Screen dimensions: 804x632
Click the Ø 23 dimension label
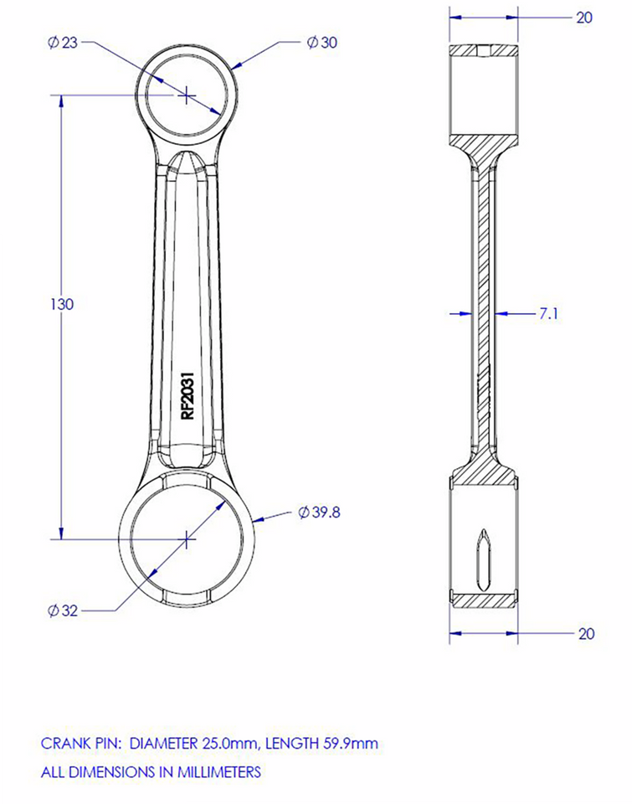64,43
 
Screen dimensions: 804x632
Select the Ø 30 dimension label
321,43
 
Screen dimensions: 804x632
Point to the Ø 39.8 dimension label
319,513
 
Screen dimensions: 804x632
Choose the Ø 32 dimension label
63,611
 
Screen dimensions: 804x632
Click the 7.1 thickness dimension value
549,314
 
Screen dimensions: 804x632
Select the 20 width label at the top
584,17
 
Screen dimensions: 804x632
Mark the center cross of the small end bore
185,95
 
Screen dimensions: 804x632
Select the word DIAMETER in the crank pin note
164,743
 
